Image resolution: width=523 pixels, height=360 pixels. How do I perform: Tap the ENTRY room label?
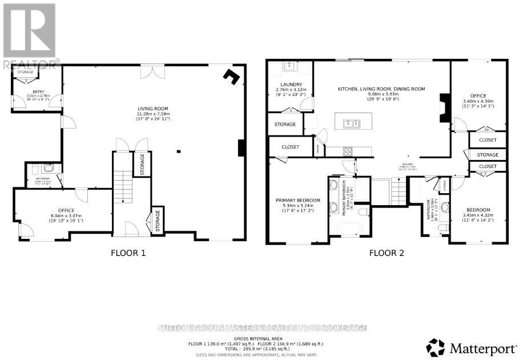[38, 91]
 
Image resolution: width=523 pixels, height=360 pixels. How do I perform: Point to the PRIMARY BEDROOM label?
[298, 200]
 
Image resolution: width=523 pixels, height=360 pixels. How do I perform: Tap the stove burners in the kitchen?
[348, 151]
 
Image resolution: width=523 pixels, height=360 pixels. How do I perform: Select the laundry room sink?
[288, 68]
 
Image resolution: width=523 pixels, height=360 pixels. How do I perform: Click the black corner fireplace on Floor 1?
[231, 77]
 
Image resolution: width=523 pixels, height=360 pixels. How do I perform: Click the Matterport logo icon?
[435, 346]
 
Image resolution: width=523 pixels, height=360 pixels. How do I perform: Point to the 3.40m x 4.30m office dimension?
[478, 101]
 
